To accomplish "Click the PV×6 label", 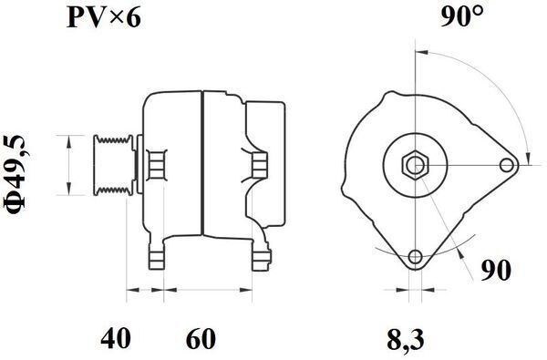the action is coord(104,17).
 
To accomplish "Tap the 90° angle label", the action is coord(462,16).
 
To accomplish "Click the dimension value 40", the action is coord(116,338).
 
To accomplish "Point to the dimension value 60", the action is coord(201,338).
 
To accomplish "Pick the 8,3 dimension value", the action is coord(406,339).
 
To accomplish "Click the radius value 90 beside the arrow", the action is coord(496,270).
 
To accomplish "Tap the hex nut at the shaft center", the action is coord(415,165).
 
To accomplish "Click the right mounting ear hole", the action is coord(507,165).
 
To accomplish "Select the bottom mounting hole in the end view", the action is coord(415,257).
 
